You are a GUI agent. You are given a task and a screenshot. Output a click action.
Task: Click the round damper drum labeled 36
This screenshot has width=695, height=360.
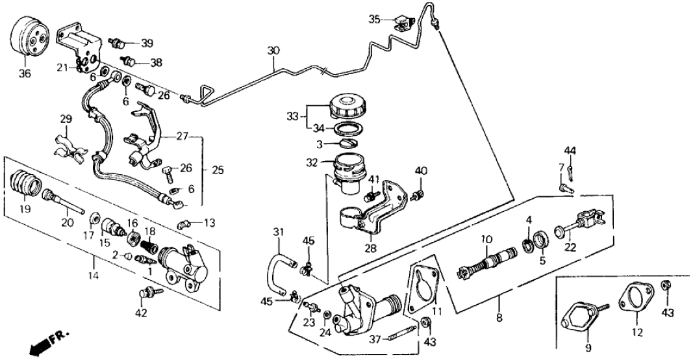[31, 40]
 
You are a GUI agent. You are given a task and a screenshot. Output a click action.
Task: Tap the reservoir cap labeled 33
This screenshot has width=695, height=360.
[348, 107]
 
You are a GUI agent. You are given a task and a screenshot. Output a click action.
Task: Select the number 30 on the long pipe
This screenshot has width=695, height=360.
[273, 51]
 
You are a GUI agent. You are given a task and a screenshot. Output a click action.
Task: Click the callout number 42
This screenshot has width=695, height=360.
[142, 314]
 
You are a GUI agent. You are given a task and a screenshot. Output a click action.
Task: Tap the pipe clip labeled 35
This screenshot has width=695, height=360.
[403, 23]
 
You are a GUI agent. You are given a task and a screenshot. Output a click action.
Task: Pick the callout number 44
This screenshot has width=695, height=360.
[570, 152]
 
